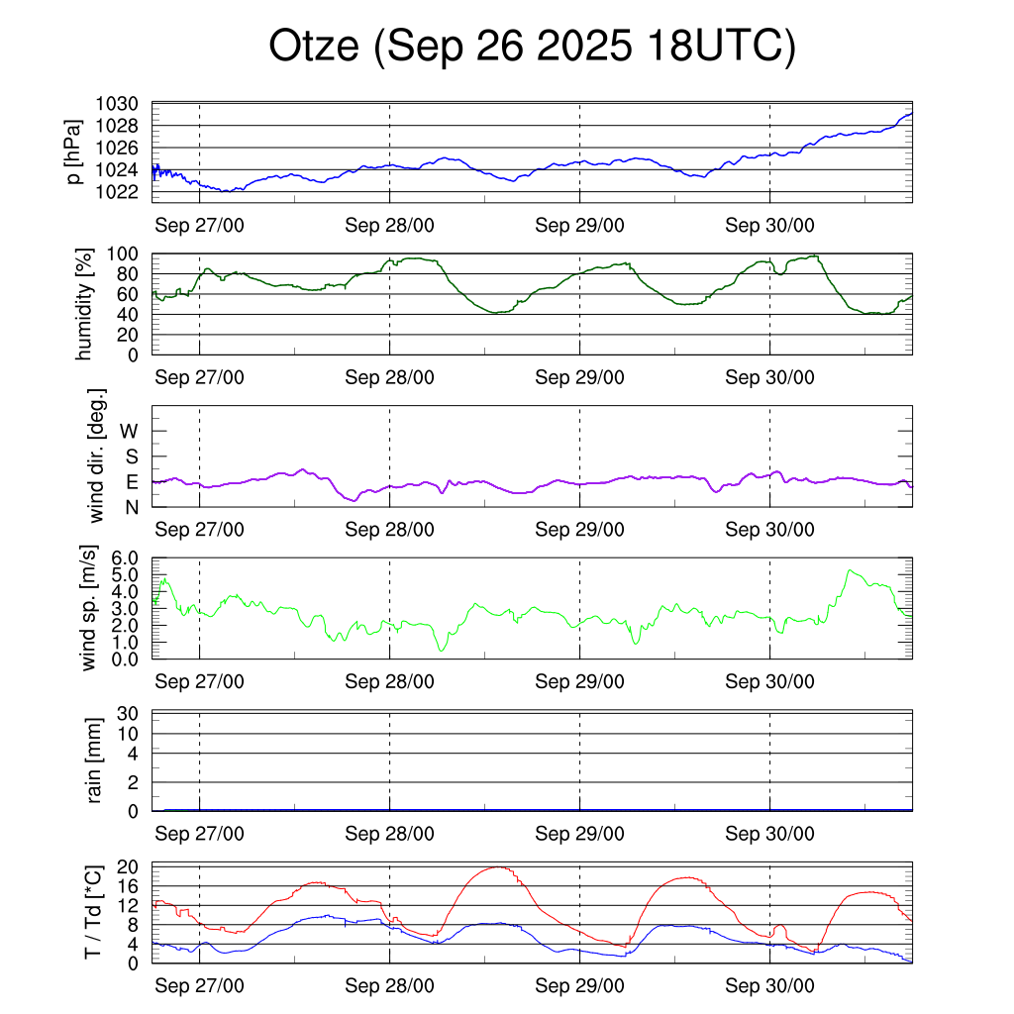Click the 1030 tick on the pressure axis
coord(123,104)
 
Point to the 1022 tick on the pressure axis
coord(123,191)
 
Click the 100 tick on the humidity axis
coord(131,253)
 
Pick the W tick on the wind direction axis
coord(130,431)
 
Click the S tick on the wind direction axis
coord(130,456)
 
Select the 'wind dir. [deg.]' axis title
coord(96,456)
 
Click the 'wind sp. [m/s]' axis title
coord(90,609)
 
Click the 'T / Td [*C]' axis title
coord(91,912)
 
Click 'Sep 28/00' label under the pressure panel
coord(390,225)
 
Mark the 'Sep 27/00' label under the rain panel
coord(200,834)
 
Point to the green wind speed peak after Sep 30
coord(850,570)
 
